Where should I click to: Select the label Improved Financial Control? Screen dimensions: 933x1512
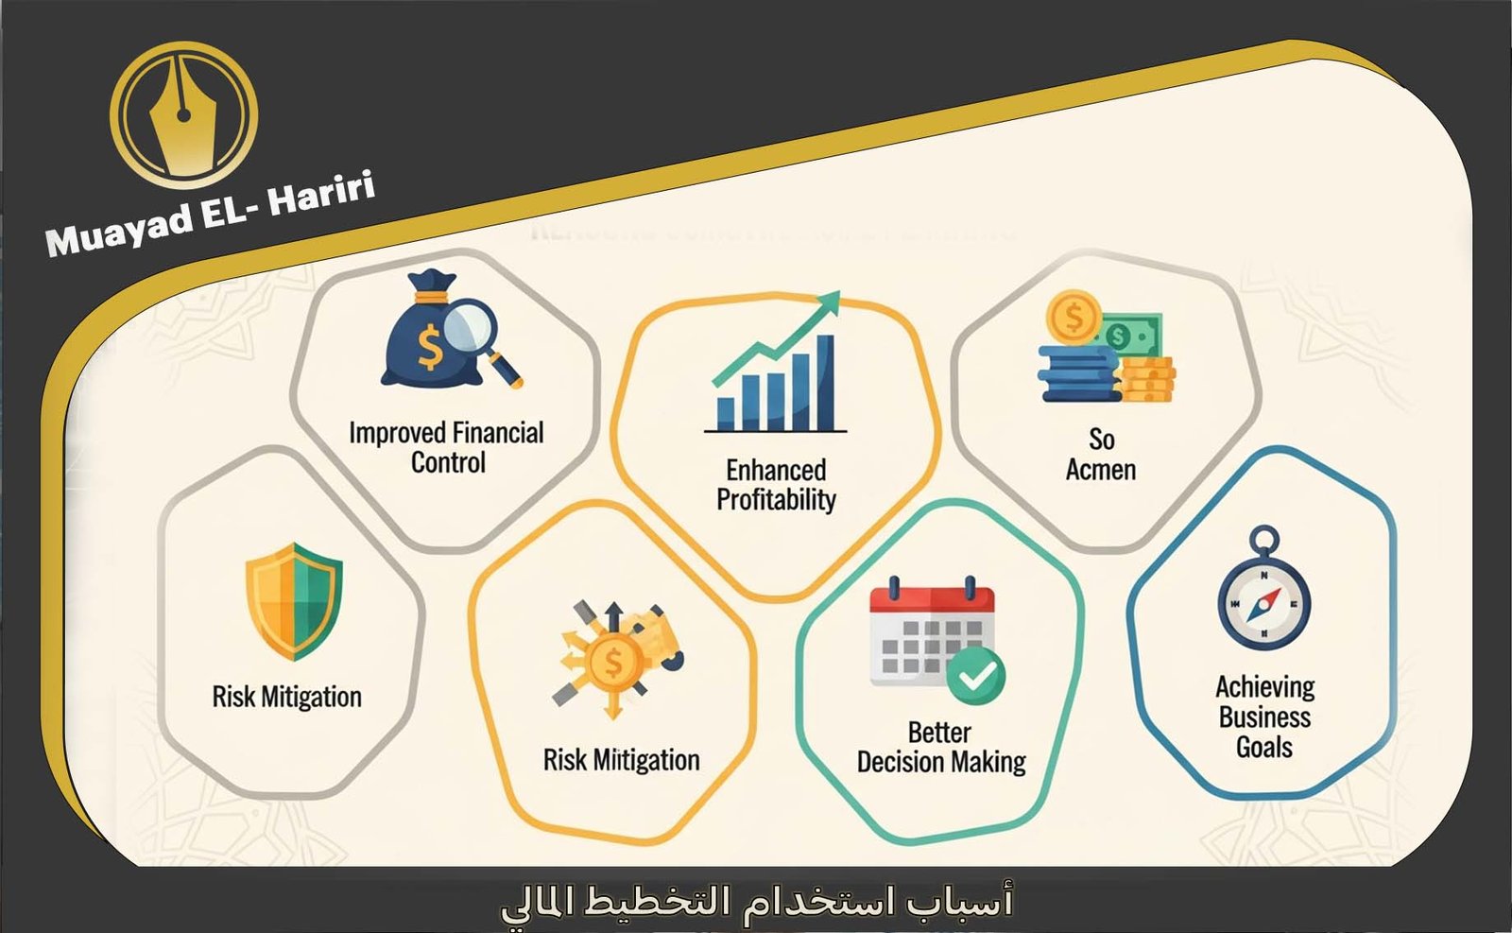point(446,447)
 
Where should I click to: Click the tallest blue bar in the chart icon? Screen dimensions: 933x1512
point(825,382)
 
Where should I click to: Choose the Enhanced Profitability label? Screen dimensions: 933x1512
point(776,484)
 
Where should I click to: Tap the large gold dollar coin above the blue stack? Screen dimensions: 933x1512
point(1074,317)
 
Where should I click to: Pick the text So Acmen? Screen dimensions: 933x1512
point(1101,455)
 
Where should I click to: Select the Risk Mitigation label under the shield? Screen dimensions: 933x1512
point(286,698)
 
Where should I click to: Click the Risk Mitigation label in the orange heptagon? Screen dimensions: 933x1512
point(621,760)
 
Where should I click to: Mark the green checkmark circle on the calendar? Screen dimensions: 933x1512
point(976,675)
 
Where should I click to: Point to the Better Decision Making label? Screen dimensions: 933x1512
point(941,747)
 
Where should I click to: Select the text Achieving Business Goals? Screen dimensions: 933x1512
point(1264,717)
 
